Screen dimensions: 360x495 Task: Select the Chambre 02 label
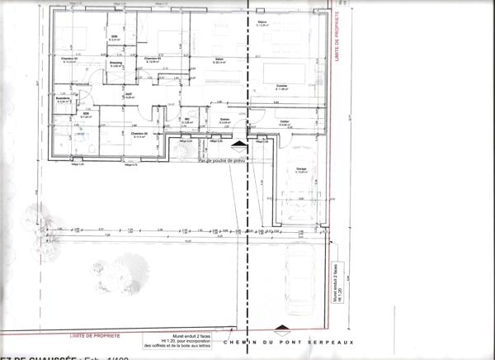tap(139, 133)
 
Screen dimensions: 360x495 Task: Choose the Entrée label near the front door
tap(224, 120)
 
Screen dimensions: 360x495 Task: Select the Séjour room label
tap(263, 23)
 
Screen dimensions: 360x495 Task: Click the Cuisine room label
tap(281, 85)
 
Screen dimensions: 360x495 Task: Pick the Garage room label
tap(301, 169)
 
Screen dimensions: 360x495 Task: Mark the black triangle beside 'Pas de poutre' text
tap(238, 144)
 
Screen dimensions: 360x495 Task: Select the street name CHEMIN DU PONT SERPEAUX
tap(309, 340)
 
